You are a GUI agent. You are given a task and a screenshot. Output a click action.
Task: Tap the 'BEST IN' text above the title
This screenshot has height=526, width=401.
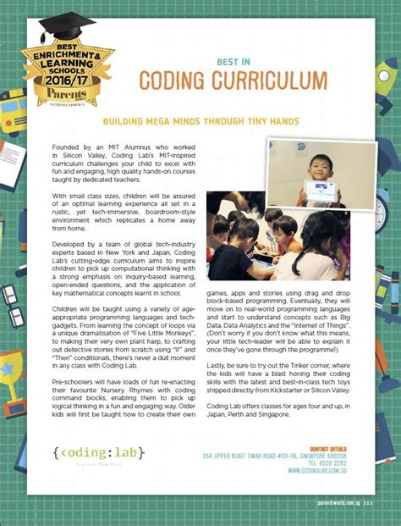coord(233,61)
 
